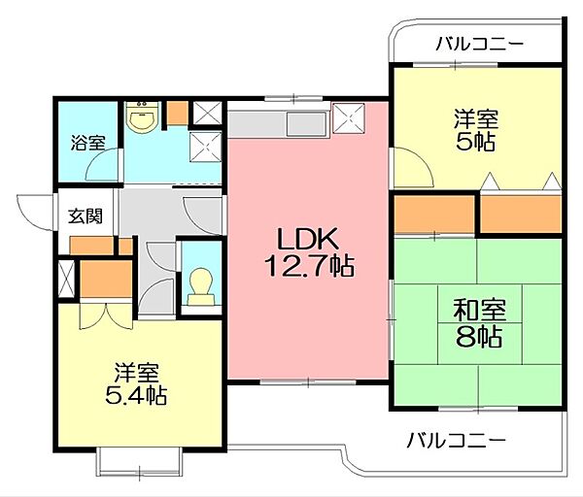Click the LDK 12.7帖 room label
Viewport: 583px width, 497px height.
tap(309, 249)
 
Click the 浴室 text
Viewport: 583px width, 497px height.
tap(86, 143)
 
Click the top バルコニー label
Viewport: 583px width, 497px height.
tap(479, 43)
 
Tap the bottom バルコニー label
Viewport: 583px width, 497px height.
tap(456, 439)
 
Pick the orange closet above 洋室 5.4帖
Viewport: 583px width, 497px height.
tap(98, 280)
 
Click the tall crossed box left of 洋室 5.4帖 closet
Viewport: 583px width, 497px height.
tap(65, 281)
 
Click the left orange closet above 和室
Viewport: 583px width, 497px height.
tap(433, 215)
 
